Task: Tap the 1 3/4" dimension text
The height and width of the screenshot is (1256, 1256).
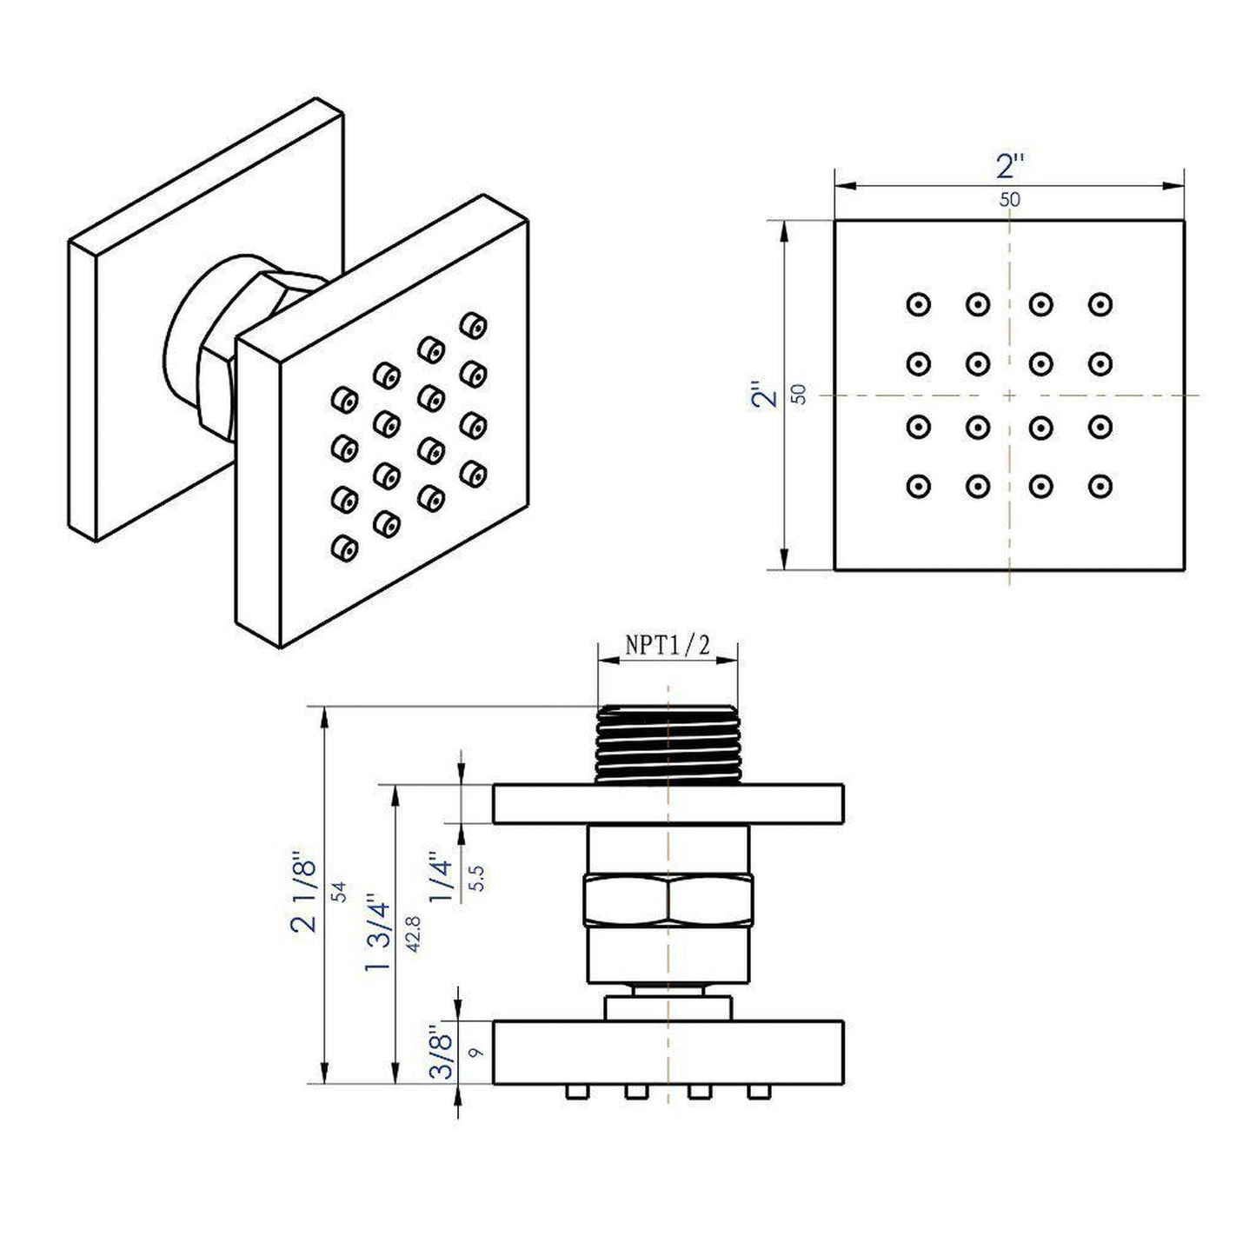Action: [379, 934]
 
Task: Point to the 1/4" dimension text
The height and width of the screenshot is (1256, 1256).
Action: [442, 880]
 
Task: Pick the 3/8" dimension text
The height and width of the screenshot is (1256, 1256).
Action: [444, 1053]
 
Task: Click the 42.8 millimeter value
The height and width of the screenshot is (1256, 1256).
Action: [413, 934]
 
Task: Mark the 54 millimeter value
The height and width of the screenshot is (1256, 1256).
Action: [340, 891]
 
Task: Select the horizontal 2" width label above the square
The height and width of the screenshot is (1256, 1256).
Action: [1010, 165]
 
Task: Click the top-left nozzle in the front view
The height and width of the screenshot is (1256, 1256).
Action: [918, 304]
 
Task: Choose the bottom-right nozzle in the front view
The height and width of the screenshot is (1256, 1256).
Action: [1100, 486]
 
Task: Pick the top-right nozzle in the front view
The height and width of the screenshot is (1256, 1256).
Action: [1100, 304]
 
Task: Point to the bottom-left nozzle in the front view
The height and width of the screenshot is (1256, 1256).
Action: [918, 486]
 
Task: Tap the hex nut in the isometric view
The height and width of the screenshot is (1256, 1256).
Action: [217, 382]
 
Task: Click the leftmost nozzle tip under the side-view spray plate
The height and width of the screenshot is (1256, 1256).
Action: [575, 1092]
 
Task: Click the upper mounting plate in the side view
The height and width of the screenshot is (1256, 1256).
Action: [668, 804]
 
